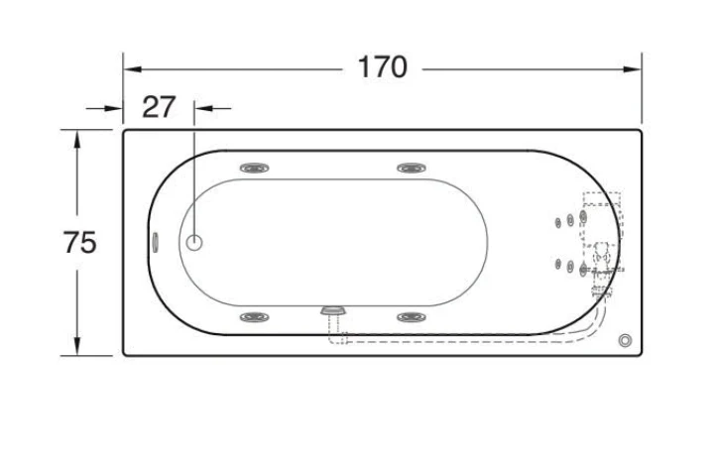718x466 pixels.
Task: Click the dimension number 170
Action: [x=383, y=67]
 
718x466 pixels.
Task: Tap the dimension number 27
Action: [x=159, y=107]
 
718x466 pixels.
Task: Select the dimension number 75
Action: [x=80, y=242]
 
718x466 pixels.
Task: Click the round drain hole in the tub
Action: [x=194, y=243]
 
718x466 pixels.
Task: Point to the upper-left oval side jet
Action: [x=255, y=169]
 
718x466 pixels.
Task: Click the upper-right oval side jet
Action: [x=412, y=169]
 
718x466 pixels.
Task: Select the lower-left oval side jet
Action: [x=255, y=316]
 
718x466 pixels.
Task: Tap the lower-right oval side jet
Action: [x=412, y=316]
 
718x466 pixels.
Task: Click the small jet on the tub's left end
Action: [x=156, y=242]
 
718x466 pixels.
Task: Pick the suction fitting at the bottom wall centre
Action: [x=333, y=310]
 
